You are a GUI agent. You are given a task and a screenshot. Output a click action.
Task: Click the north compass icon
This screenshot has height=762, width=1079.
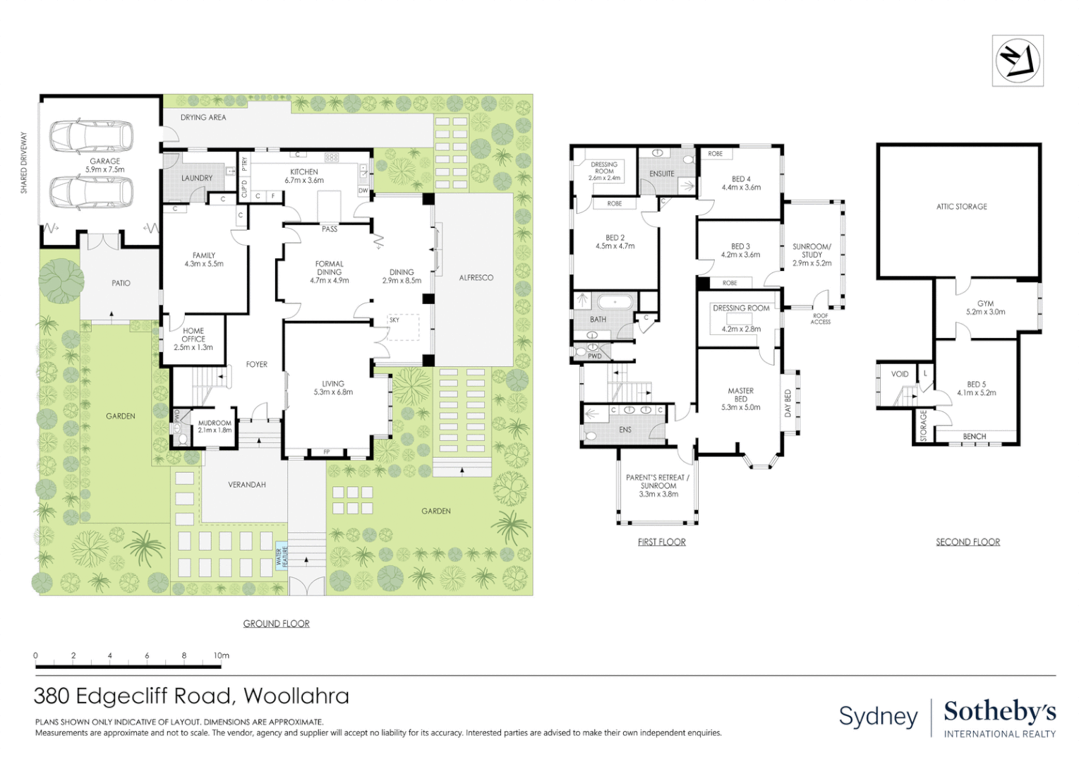pos(1017,61)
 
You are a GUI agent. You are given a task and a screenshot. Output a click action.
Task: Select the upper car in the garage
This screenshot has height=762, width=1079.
pos(91,136)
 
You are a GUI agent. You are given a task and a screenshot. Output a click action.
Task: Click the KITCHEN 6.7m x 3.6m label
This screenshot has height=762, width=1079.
pos(304,176)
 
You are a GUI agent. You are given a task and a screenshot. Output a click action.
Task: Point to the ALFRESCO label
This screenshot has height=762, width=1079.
pos(476,278)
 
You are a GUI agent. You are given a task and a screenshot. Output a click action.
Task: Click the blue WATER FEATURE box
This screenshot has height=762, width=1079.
pos(282,557)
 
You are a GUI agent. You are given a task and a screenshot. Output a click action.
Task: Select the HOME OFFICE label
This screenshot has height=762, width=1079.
pos(193,339)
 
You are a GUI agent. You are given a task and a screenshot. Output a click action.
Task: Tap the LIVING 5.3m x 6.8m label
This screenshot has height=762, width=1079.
pos(333,388)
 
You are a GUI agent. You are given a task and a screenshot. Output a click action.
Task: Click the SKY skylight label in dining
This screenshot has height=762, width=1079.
pos(394,320)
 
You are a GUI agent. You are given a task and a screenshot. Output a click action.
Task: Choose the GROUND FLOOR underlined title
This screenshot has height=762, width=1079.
pos(276,624)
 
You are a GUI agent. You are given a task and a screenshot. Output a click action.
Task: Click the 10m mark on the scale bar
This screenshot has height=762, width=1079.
pos(222,656)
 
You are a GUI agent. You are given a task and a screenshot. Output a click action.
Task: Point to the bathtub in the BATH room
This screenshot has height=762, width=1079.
pos(615,303)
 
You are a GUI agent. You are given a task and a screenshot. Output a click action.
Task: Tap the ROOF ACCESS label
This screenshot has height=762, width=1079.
pos(820,319)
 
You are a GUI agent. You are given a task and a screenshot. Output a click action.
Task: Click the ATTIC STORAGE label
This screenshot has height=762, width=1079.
pos(961,207)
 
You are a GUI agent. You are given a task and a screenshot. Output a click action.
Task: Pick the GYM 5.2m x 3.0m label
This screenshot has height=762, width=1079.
pos(985,308)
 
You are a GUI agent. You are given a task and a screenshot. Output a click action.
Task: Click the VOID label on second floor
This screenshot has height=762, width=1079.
pos(900,374)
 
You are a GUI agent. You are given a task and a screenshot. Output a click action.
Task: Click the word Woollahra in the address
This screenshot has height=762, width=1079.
pos(296,696)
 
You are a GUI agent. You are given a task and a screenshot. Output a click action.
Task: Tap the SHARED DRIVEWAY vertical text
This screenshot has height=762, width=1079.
pos(24,163)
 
